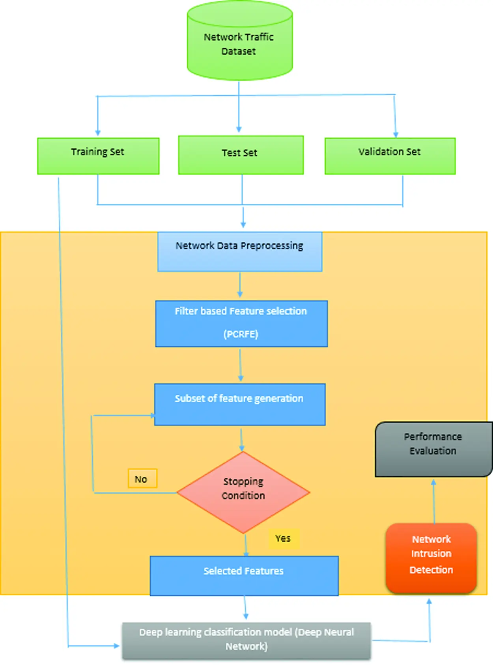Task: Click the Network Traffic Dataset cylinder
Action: point(239,43)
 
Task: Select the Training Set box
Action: point(98,156)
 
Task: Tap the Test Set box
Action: point(241,155)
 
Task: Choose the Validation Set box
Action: point(390,156)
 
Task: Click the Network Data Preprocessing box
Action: point(240,251)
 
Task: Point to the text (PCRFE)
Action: point(241,334)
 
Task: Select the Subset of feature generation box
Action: point(240,405)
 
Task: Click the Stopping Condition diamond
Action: point(243,492)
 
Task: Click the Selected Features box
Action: point(244,575)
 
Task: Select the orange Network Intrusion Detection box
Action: point(431,558)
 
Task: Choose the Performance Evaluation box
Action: point(433,449)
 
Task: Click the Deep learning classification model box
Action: point(246,640)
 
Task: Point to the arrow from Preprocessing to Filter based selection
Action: point(240,285)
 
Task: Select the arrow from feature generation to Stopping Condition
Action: point(241,439)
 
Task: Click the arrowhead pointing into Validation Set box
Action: point(396,134)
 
